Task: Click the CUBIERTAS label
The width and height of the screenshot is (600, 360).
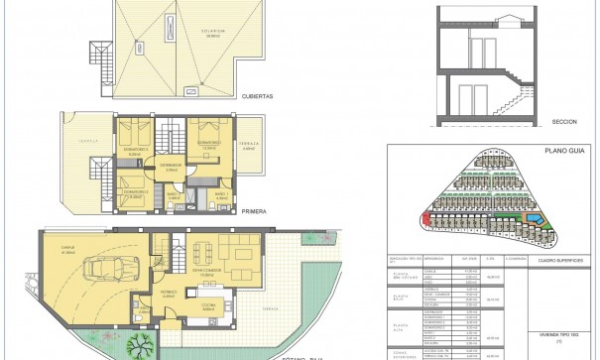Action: click(256, 97)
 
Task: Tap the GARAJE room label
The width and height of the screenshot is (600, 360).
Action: click(68, 250)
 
